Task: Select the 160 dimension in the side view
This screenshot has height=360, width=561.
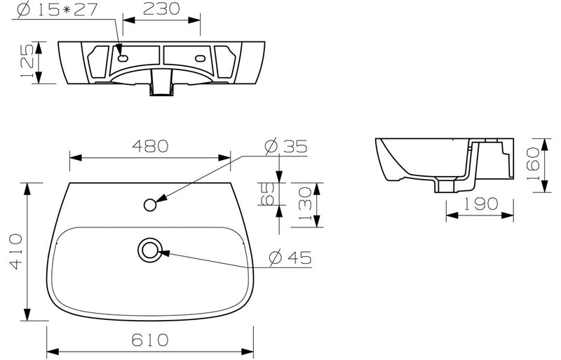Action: point(534,162)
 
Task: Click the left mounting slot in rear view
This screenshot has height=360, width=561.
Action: point(124,60)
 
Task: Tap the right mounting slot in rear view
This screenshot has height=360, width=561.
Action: point(201,59)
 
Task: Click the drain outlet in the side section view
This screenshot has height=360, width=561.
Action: point(444,186)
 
